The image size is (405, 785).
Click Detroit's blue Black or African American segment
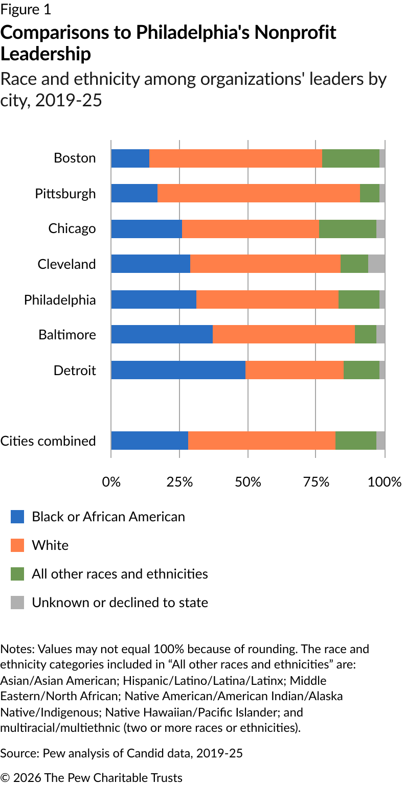coord(178,370)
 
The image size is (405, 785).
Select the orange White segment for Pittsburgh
coord(258,193)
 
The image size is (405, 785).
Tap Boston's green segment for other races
coord(350,158)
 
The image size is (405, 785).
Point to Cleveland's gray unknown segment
coord(376,264)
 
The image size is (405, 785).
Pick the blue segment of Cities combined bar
coord(149,441)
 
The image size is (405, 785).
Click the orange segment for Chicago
coord(250,228)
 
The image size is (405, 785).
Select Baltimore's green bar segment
coord(365,335)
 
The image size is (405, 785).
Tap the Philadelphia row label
coord(60,299)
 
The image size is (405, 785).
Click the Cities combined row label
coord(48,441)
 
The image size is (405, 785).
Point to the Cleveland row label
coord(66,264)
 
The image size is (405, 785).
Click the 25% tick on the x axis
coord(179,481)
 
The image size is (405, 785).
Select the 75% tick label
coord(317,481)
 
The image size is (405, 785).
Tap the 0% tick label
coord(111,481)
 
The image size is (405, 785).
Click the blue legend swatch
coord(17,517)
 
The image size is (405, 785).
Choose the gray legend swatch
coord(17,603)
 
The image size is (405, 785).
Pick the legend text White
coord(50,545)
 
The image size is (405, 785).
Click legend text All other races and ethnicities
coord(120,574)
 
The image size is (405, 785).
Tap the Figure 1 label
coord(26,9)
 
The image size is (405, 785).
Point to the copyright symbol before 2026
coord(5,778)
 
